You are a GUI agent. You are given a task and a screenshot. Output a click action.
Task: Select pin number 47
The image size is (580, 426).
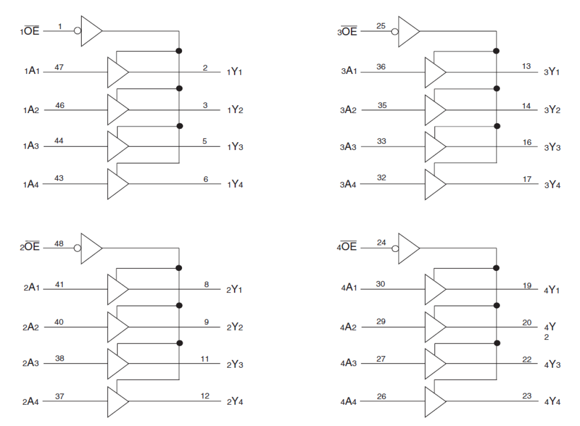coord(59,67)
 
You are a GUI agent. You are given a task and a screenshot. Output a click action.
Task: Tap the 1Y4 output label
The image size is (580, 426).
coord(235,185)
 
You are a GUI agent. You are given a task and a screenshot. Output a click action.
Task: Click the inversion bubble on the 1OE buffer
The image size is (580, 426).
coord(78,31)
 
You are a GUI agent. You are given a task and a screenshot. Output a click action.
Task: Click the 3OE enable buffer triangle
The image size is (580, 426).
coord(408,31)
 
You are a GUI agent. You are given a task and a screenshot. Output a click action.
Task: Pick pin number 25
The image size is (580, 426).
coord(381,26)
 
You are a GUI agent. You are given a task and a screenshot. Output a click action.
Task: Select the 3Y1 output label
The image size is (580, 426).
coord(552,72)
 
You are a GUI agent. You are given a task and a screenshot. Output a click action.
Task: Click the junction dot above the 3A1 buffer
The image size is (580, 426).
coord(496,50)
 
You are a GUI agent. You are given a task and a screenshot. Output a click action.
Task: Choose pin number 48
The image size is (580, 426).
coord(59,243)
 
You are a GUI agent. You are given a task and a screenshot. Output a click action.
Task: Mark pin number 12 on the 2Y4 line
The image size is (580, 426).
coord(205,396)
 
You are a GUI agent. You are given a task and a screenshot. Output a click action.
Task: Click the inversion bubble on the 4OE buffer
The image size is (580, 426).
coord(395,248)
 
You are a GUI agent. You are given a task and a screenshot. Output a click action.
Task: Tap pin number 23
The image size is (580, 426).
coord(527,396)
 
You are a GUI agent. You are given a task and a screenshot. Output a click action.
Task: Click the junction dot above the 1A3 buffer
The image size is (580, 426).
coord(180,126)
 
